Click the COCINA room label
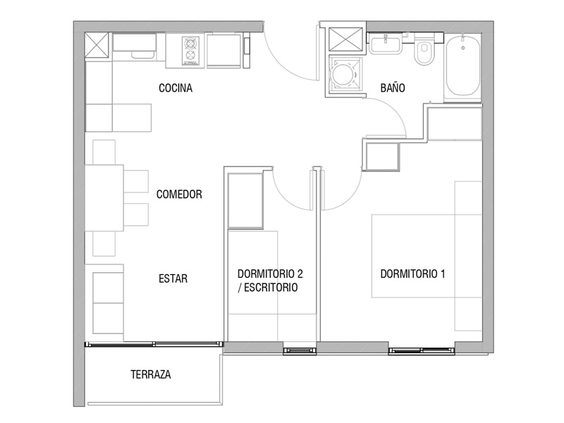pyautogui.click(x=176, y=87)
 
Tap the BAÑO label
pyautogui.click(x=393, y=87)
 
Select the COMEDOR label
pyautogui.click(x=179, y=195)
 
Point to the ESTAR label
pyautogui.click(x=173, y=278)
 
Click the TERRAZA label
pyautogui.click(x=151, y=374)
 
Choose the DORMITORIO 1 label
pyautogui.click(x=412, y=274)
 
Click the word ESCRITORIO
pyautogui.click(x=271, y=288)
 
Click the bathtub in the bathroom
pyautogui.click(x=463, y=66)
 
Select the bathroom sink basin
pyautogui.click(x=386, y=44)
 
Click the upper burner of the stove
pyautogui.click(x=190, y=43)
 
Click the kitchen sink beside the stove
pyautogui.click(x=135, y=47)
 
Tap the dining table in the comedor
pyautogui.click(x=104, y=198)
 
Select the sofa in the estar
pyautogui.click(x=108, y=303)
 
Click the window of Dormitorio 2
pyautogui.click(x=300, y=350)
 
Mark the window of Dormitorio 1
pyautogui.click(x=422, y=350)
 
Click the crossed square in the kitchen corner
pyautogui.click(x=97, y=45)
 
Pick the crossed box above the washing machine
pyautogui.click(x=346, y=39)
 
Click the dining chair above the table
pyautogui.click(x=104, y=152)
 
